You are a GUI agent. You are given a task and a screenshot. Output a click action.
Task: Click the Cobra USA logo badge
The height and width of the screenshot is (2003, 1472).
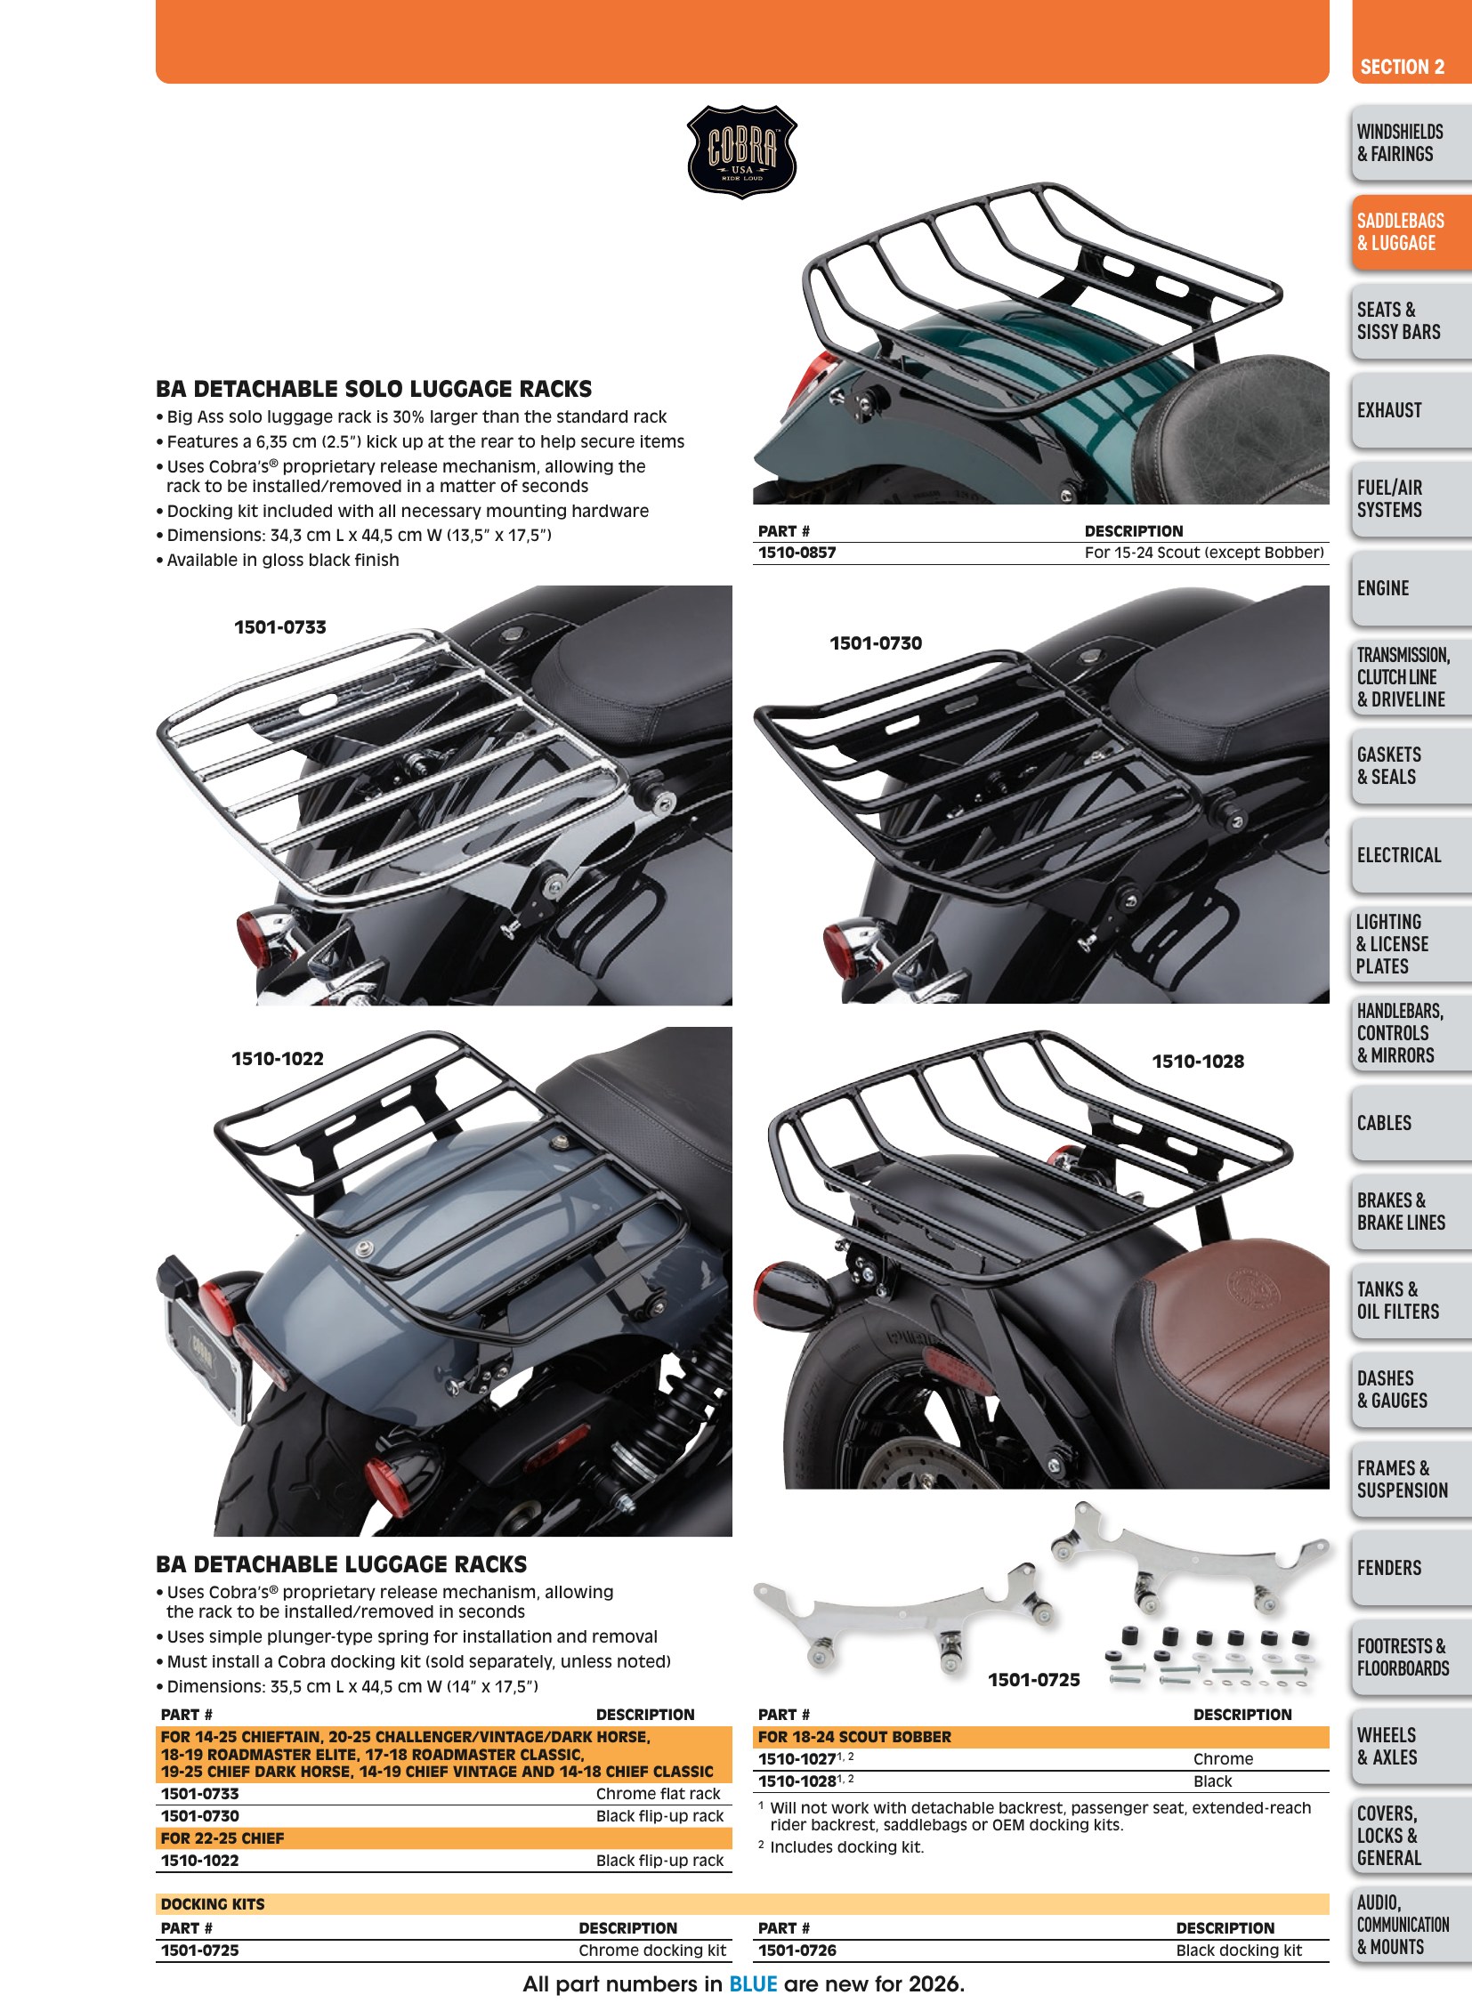coord(741,151)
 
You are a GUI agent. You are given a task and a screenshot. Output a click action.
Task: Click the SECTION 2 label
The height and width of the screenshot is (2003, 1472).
coord(1402,67)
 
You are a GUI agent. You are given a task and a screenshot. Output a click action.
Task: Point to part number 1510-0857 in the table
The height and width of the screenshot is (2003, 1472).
coord(797,553)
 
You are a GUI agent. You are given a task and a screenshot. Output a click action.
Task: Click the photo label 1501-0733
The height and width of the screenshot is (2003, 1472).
coord(279,627)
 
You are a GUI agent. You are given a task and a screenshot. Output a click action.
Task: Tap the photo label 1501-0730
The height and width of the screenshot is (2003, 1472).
coord(876,643)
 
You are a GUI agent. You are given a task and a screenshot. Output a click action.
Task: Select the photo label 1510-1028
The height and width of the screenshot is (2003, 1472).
coord(1198,1062)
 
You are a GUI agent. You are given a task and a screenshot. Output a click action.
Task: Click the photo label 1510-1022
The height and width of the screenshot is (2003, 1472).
coord(277,1059)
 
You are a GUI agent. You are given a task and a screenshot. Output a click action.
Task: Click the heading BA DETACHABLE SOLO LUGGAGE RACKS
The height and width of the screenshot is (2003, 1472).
coord(374,389)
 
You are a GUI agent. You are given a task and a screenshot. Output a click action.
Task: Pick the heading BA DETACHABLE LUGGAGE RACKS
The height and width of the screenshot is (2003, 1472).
coord(341,1563)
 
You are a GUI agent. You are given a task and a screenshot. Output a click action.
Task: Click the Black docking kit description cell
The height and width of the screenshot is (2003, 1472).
coord(1239,1951)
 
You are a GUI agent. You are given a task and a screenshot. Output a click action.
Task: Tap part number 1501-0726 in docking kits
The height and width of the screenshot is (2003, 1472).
coord(797,1951)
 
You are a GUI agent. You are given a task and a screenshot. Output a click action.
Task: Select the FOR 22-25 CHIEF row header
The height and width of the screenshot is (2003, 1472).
coord(222,1838)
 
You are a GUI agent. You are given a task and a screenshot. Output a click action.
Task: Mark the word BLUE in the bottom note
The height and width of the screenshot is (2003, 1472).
coord(753,1984)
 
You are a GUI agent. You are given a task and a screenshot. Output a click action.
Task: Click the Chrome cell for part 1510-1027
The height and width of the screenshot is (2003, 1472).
coord(1223,1759)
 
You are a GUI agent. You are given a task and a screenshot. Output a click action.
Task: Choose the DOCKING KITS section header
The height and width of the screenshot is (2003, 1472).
coord(212,1904)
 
